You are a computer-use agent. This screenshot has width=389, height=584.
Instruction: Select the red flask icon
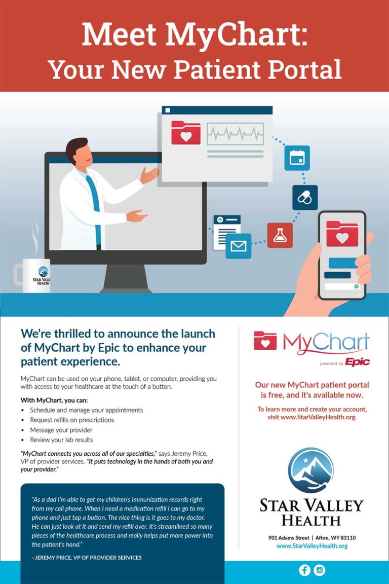click(280, 235)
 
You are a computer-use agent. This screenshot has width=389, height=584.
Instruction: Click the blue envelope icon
click(239, 246)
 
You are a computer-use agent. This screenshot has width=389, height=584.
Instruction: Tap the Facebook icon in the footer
click(305, 570)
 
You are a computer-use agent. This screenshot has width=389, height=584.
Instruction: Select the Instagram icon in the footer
click(320, 570)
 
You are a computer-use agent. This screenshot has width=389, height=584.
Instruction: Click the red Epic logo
click(358, 362)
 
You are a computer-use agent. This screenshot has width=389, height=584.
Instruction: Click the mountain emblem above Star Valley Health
click(311, 470)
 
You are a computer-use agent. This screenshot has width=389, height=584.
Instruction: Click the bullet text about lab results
click(61, 440)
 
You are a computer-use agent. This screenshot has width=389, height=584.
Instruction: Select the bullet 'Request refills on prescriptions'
click(72, 420)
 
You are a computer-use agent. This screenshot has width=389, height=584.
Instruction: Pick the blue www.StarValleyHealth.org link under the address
click(312, 546)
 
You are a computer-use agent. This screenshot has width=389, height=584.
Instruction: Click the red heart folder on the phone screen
click(342, 234)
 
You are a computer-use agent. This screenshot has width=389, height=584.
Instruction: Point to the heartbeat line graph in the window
click(235, 133)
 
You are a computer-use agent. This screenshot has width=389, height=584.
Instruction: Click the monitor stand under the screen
click(126, 279)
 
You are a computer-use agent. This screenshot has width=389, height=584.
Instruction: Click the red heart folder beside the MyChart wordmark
click(265, 341)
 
